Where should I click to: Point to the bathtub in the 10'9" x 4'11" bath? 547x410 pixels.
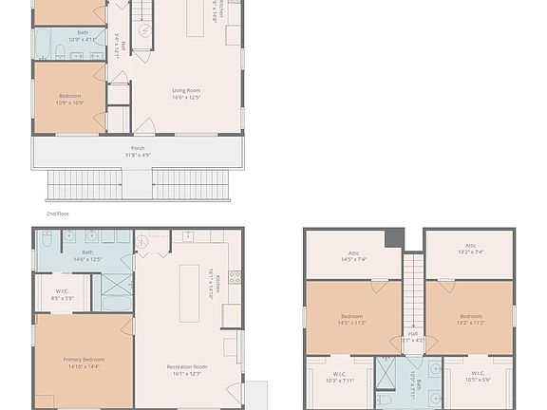[x=43, y=44]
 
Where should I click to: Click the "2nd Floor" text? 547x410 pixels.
[x=58, y=214]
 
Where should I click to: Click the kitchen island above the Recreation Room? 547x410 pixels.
[x=189, y=293]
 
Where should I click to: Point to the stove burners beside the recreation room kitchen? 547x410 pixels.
[x=234, y=277]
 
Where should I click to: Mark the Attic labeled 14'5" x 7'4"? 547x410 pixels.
[x=352, y=255]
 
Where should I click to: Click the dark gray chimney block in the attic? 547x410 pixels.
[x=394, y=237]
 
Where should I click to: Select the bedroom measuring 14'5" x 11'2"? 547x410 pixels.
[x=352, y=318]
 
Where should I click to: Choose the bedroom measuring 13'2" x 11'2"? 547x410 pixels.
[x=470, y=318]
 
